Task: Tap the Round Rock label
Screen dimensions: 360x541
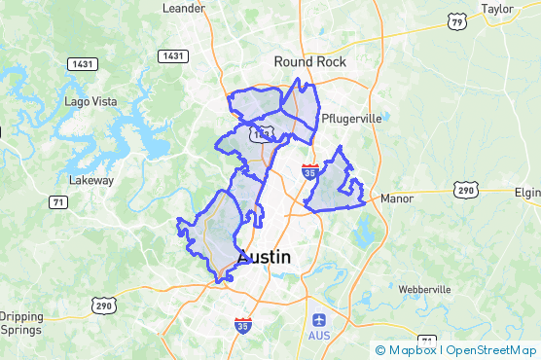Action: (309, 61)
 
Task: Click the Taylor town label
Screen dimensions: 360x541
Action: (496, 9)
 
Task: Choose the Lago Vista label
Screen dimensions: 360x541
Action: (90, 101)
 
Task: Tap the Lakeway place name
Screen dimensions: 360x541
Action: (91, 180)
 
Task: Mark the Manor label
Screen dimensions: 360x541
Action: (397, 198)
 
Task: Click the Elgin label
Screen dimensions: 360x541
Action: (526, 193)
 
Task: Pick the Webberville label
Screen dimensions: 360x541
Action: (424, 290)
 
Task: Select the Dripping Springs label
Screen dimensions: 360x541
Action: (21, 323)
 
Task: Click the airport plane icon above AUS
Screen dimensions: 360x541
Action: (319, 320)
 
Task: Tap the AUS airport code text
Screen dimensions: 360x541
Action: (319, 336)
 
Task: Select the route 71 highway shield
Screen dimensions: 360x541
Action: (59, 201)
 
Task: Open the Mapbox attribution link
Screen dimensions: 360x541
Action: (406, 350)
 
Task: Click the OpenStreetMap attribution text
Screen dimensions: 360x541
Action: (491, 350)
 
